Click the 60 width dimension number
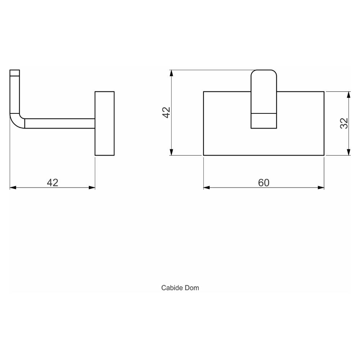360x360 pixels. [x=264, y=183]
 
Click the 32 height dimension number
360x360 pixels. [x=344, y=123]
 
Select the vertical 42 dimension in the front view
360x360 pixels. [x=166, y=112]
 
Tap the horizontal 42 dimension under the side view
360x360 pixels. [x=53, y=183]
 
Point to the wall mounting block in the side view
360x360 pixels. [x=105, y=123]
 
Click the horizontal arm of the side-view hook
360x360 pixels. [x=60, y=123]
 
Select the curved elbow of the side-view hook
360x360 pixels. [x=17, y=121]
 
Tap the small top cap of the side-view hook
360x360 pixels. [x=15, y=73]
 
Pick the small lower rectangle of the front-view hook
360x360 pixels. [x=264, y=121]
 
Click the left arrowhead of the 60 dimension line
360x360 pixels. [x=207, y=188]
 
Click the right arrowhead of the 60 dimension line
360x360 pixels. [x=321, y=188]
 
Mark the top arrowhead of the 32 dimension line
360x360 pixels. [x=348, y=95]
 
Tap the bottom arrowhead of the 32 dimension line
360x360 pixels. [x=348, y=152]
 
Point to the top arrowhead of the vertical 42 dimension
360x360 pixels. [x=171, y=73]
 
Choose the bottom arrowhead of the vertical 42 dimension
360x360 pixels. [x=171, y=152]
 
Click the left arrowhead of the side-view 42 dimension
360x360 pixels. [x=13, y=188]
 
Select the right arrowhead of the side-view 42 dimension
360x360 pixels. [x=92, y=188]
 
